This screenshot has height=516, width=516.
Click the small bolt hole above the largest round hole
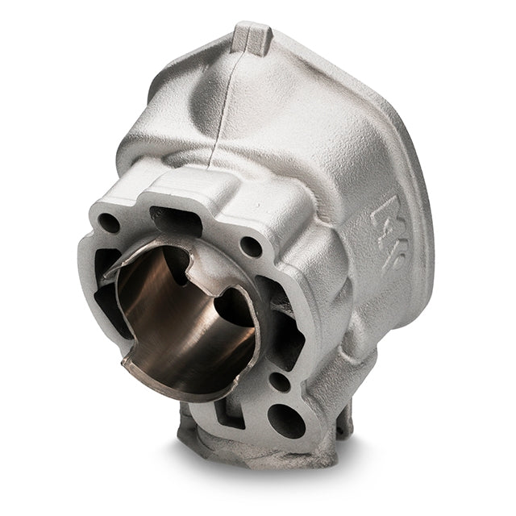click(x=280, y=381)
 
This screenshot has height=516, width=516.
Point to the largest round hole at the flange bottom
click(x=285, y=420)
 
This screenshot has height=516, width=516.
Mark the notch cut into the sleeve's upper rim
click(x=189, y=260)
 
